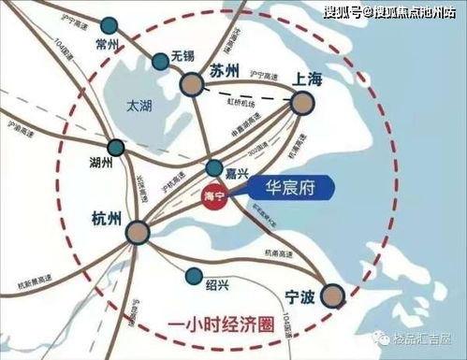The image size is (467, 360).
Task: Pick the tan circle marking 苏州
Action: point(193,84)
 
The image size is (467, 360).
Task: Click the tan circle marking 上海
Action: point(300,103)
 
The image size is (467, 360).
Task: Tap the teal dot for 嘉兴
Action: point(214,168)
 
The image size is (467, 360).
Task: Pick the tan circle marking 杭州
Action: point(139,233)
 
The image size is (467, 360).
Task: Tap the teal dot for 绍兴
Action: point(193,276)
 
